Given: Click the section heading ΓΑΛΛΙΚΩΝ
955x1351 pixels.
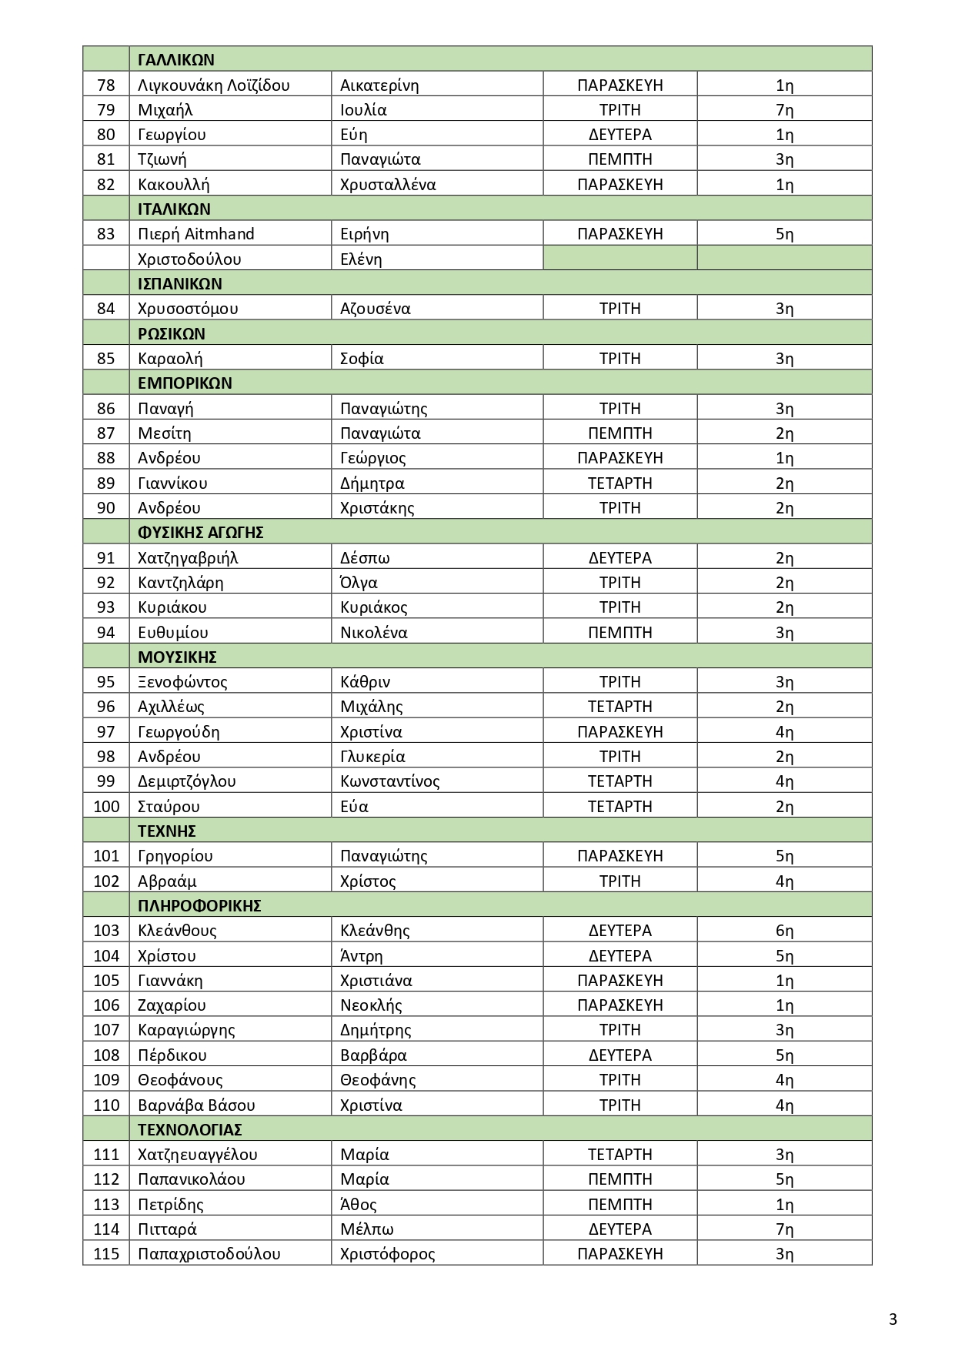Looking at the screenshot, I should click(x=176, y=60).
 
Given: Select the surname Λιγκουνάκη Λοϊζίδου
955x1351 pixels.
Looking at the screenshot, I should click(x=213, y=85).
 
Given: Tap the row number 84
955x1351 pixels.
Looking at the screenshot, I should click(x=106, y=309).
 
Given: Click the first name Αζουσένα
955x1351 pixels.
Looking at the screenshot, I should click(x=375, y=309).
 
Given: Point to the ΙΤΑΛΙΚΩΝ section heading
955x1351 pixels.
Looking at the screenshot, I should click(x=174, y=209).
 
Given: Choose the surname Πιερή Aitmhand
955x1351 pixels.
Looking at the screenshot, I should click(x=195, y=234).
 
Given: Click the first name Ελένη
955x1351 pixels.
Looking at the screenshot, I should click(x=361, y=259).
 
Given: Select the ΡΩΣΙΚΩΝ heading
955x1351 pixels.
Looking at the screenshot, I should click(x=172, y=334).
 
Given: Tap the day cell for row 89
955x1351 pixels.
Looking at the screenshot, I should click(x=619, y=483).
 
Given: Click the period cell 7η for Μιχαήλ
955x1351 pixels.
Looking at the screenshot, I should click(x=784, y=110).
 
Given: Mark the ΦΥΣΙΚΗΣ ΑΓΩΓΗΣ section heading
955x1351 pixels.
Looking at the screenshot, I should click(x=201, y=533).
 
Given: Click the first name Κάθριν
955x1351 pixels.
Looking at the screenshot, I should click(x=365, y=682).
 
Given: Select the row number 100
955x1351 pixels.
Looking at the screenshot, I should click(x=106, y=807).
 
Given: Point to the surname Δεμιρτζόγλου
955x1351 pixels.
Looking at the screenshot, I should click(x=186, y=781).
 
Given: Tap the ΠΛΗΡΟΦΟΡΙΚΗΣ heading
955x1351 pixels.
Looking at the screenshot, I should click(x=199, y=906).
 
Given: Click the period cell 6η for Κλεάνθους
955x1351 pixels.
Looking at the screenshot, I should click(x=784, y=931).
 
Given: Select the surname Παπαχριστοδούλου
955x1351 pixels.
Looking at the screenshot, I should click(x=209, y=1254).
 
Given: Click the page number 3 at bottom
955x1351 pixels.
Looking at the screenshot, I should click(x=893, y=1319).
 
